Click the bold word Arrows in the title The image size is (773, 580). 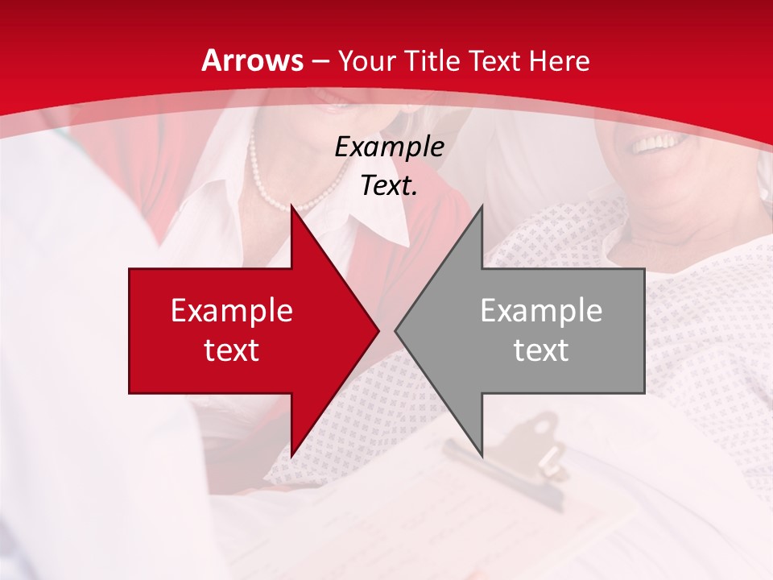pos(253,60)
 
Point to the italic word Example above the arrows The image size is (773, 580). pos(389,147)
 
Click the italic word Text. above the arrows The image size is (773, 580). pos(389,186)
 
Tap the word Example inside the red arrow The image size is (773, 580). pos(232,310)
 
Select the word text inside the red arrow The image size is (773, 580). pos(232,350)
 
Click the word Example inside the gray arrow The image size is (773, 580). pos(541,310)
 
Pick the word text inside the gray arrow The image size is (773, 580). pos(541,350)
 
